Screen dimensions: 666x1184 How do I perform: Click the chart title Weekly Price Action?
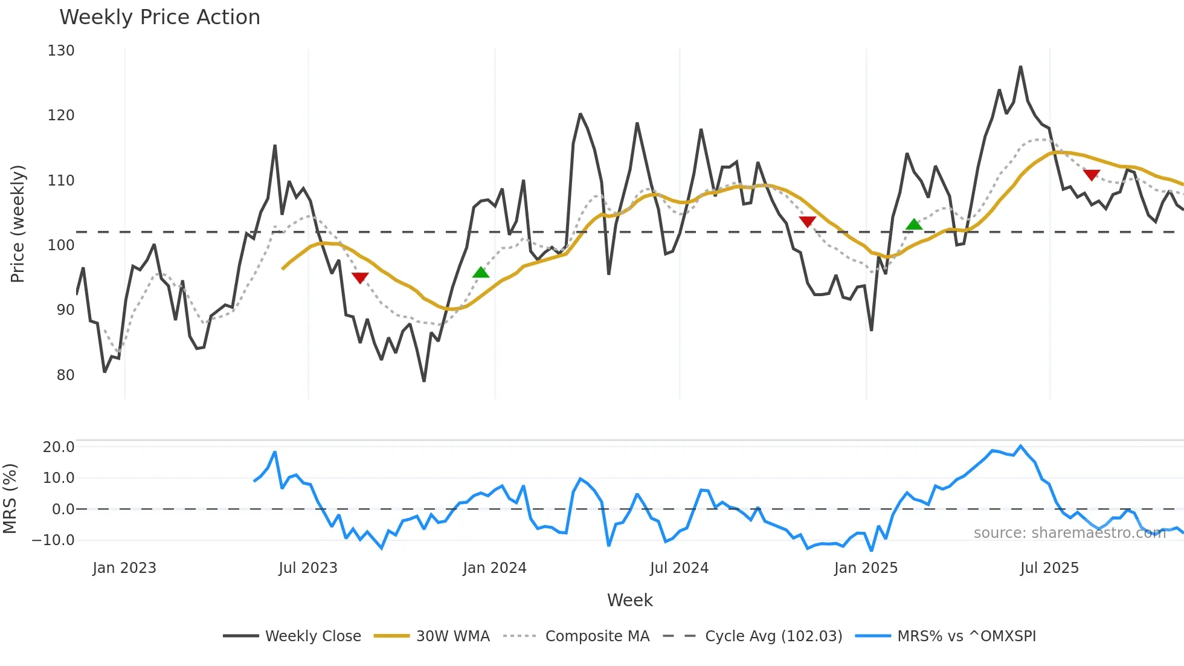point(159,18)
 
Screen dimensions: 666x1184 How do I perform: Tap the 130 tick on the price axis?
point(61,51)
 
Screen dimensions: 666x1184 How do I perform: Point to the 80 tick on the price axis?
point(65,375)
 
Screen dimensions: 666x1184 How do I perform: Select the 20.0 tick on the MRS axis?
point(59,447)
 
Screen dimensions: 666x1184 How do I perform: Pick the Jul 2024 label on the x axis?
point(679,568)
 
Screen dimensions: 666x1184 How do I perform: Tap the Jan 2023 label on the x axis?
point(124,568)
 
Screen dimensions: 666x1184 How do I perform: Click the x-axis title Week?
point(629,600)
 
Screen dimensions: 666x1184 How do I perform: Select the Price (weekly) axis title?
point(18,224)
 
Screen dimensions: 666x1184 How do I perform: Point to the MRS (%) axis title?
point(10,499)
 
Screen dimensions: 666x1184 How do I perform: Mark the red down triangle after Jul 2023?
point(360,278)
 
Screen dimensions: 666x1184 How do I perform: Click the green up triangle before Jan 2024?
point(481,273)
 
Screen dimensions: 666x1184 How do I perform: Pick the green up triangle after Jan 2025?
point(914,224)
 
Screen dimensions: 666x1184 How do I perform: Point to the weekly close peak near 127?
point(1020,67)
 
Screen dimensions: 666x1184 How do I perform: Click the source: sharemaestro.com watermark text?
point(1069,533)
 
